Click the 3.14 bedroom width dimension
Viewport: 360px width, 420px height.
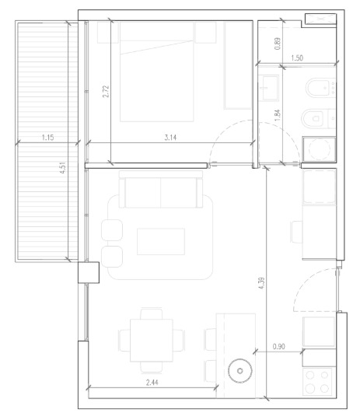click(x=170, y=138)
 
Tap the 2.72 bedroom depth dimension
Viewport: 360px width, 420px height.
click(x=106, y=91)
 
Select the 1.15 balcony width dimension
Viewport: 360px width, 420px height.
click(x=47, y=138)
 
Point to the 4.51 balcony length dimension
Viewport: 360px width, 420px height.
click(x=63, y=167)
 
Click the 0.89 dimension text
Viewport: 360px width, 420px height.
click(x=278, y=44)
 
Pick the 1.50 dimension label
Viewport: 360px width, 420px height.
click(x=297, y=58)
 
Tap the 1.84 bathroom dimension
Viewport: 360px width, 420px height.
click(x=278, y=114)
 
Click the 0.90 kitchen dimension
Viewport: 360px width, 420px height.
click(x=278, y=347)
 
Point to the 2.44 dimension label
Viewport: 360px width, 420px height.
click(x=152, y=382)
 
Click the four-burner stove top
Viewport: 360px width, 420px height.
click(x=317, y=382)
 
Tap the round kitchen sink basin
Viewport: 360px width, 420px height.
click(x=240, y=371)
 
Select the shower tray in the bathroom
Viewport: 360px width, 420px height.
click(x=319, y=149)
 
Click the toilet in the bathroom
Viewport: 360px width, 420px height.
click(x=318, y=119)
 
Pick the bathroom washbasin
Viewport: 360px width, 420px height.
click(x=269, y=88)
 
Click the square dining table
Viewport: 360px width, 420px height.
click(x=152, y=340)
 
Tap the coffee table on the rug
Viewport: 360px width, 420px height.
click(x=161, y=242)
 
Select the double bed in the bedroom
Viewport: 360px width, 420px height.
click(x=156, y=72)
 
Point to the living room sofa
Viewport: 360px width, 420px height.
click(x=161, y=190)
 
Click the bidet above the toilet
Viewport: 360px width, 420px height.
click(x=320, y=88)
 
